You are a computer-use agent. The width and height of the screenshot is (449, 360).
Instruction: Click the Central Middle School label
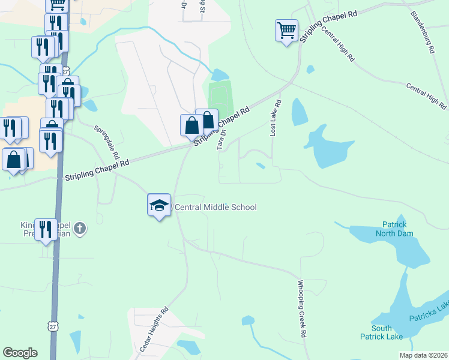(215, 208)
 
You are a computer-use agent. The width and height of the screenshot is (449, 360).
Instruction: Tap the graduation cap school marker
(159, 205)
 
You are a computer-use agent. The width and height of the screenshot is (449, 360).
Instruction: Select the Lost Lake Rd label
(274, 118)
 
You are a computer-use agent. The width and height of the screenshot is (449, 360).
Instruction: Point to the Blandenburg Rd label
(423, 32)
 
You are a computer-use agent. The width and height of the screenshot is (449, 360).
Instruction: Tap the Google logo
(20, 353)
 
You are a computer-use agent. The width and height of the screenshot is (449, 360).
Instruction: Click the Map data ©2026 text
(423, 355)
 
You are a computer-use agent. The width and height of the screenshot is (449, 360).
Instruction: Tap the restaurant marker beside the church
(46, 230)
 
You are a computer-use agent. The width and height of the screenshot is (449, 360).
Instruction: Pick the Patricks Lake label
(429, 312)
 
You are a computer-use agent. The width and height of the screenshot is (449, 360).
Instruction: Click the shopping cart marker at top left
(56, 5)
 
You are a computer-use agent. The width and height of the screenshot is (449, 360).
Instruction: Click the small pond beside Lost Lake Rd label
(299, 112)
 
